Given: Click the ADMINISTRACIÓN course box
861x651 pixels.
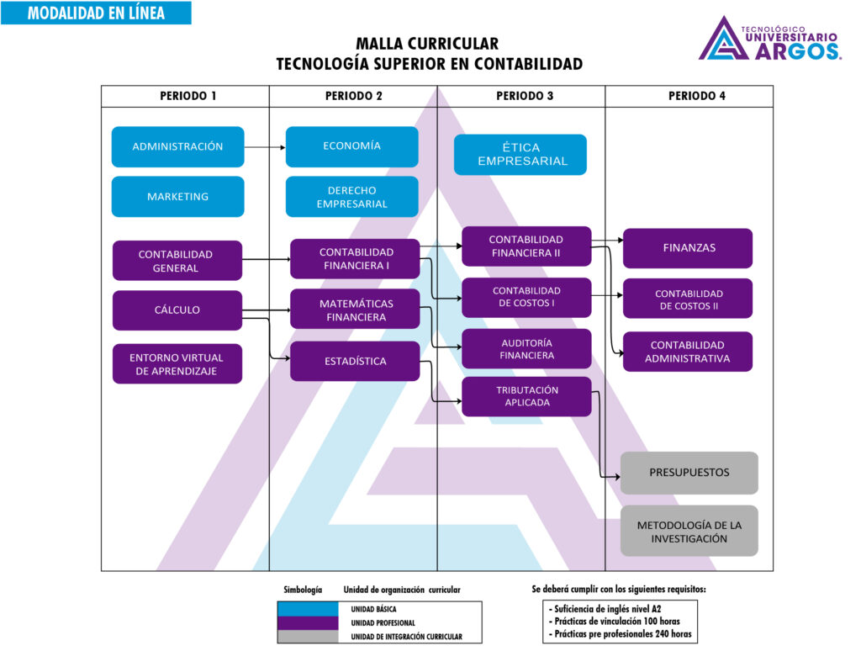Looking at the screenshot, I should click(x=177, y=146).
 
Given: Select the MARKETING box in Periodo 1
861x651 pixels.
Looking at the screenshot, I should click(x=177, y=197).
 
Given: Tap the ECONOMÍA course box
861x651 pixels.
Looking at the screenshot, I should click(x=351, y=146).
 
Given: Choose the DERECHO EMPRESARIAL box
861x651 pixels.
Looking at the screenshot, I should click(x=351, y=197).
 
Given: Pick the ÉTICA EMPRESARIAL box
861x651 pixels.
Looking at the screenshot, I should click(x=520, y=155).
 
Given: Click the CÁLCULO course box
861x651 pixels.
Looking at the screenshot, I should click(x=177, y=310).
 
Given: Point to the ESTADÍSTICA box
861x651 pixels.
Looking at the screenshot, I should click(x=355, y=362).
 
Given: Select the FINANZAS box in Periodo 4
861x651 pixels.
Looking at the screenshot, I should click(x=688, y=248).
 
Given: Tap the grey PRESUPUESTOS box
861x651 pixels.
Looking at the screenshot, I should click(x=689, y=473).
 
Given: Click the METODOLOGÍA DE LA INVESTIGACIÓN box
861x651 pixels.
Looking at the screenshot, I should click(x=689, y=531).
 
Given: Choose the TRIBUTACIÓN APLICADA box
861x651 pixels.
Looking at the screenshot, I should click(x=526, y=396).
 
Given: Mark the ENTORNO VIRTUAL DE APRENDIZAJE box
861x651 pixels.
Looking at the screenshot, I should click(x=177, y=364).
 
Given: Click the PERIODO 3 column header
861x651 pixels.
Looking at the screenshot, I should click(x=520, y=96).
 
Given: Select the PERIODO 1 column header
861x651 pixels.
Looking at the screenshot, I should click(x=185, y=96).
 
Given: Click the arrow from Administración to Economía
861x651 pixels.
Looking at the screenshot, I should click(x=265, y=147).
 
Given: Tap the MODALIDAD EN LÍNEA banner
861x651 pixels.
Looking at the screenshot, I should click(x=96, y=13).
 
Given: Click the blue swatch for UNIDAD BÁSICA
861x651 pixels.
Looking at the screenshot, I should click(x=307, y=608).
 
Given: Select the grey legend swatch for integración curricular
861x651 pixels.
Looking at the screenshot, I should click(x=307, y=637).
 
